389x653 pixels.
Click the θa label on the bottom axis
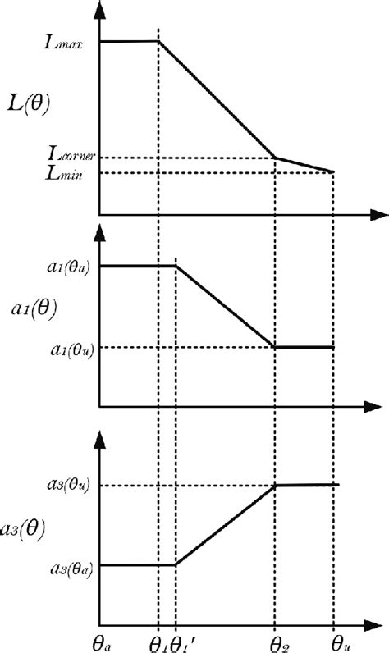101,638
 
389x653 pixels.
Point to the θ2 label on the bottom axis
276,638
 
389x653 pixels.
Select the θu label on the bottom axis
335,638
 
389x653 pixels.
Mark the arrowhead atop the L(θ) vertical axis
100,8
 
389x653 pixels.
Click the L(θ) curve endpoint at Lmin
333,171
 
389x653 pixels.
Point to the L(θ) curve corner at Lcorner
275,157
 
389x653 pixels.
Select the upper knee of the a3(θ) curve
275,485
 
